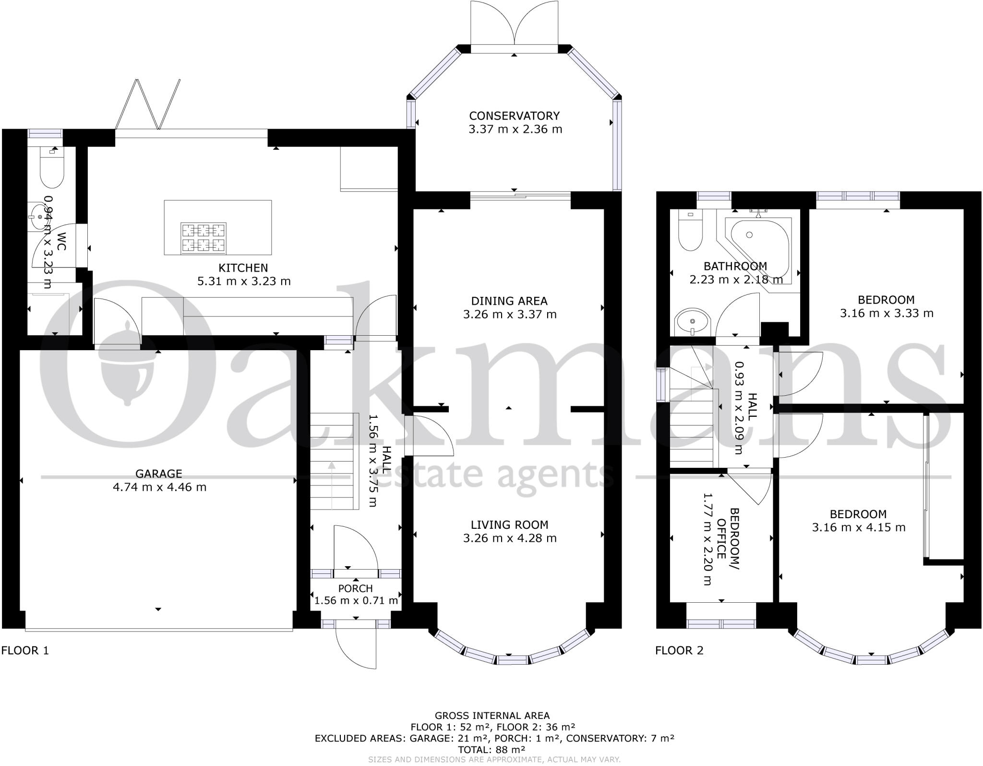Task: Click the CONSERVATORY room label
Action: point(514,116)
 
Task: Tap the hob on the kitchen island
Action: point(203,238)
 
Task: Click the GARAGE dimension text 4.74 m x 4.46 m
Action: point(159,487)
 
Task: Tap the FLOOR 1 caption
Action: point(25,651)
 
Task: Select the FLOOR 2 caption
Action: point(679,651)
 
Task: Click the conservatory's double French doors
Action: point(515,24)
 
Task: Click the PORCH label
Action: point(355,588)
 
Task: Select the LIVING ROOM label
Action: point(509,525)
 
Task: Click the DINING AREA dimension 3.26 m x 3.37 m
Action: point(510,315)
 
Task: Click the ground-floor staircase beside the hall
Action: point(335,461)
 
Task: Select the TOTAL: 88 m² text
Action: point(491,749)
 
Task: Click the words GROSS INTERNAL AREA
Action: point(492,716)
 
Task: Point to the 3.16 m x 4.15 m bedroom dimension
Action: point(858,528)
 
